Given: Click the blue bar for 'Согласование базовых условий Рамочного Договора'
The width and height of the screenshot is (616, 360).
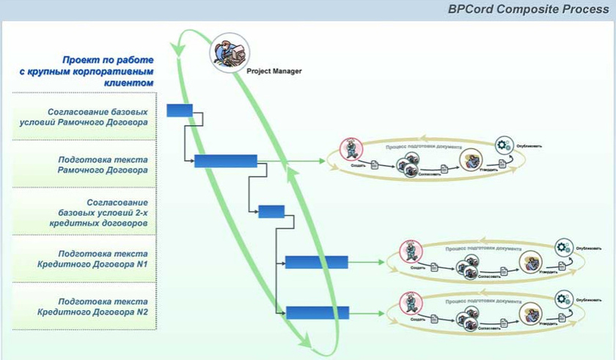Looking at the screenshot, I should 180,111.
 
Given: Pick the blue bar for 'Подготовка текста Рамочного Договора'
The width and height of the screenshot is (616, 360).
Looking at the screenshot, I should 225,161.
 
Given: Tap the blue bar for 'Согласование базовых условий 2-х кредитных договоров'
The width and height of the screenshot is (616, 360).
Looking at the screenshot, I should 271,212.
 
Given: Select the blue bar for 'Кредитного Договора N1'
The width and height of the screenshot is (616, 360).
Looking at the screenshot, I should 316,262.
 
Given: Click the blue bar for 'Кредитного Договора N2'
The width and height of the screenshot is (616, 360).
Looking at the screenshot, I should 317,312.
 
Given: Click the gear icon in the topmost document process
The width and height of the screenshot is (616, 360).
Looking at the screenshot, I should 504,145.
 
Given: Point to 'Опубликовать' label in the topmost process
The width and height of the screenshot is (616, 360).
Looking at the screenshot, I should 529,145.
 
